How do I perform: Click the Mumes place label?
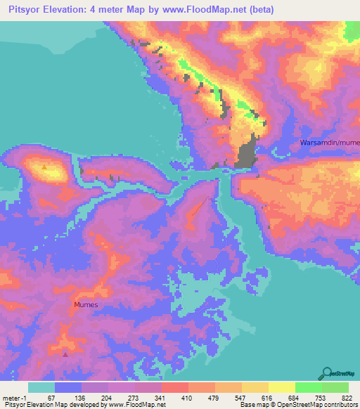click(x=86, y=306)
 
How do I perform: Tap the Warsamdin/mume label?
click(x=329, y=143)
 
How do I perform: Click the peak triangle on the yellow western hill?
click(x=45, y=167)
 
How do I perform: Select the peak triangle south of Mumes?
click(x=66, y=354)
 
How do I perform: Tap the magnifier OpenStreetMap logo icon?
click(x=326, y=373)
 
